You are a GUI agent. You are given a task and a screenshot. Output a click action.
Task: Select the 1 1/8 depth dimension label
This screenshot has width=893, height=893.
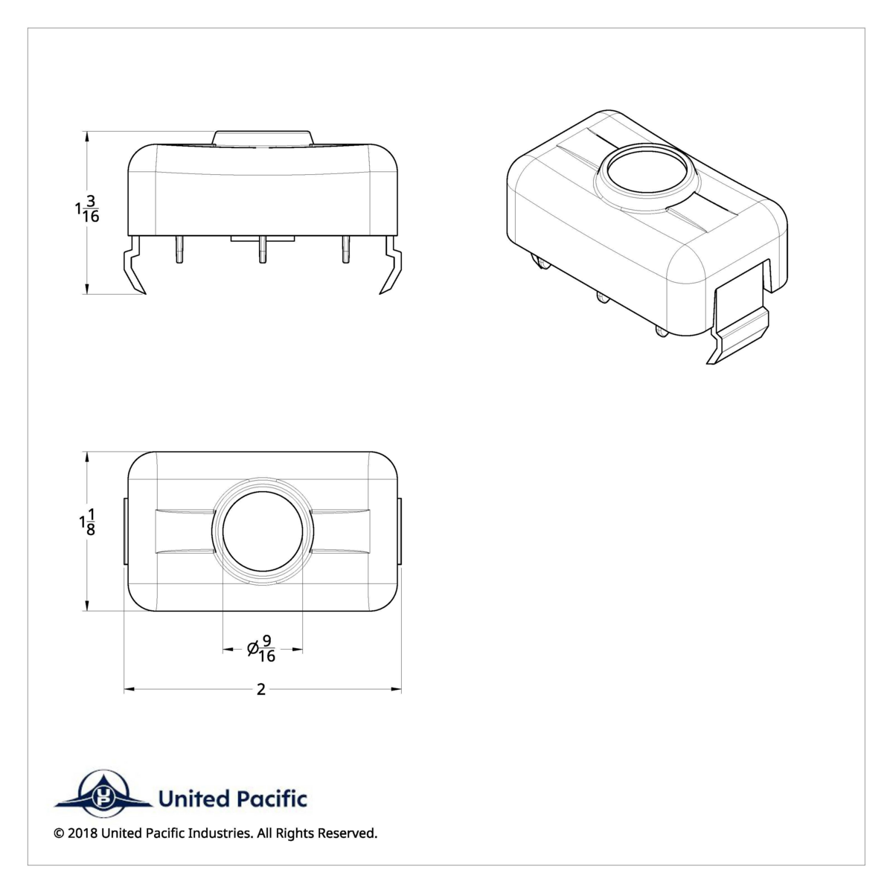(88, 522)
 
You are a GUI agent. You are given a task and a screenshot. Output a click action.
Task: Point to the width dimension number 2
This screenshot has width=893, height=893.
(261, 690)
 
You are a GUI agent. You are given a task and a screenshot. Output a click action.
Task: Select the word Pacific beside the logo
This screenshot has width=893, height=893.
(272, 799)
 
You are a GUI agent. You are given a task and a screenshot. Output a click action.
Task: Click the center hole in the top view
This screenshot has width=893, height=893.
(263, 531)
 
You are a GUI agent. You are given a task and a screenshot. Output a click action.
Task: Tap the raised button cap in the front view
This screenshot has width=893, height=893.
(263, 138)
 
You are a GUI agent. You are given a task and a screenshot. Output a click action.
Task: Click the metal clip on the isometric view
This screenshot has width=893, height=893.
(740, 327)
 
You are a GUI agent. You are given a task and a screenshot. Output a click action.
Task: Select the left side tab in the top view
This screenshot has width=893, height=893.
(125, 532)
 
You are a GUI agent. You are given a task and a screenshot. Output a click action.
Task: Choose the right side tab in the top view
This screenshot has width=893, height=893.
(400, 532)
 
